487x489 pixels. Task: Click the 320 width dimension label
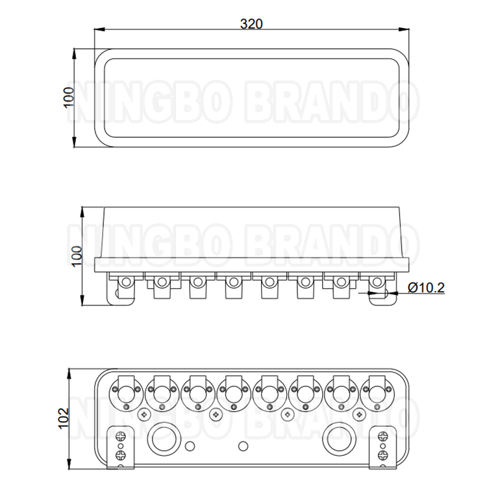(251, 24)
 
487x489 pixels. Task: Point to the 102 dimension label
(64, 418)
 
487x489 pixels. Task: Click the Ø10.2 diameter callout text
(426, 288)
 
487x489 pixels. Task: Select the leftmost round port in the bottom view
(124, 392)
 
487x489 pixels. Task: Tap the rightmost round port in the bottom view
(377, 392)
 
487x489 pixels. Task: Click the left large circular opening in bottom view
(162, 439)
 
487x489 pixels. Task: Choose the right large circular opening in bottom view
(339, 439)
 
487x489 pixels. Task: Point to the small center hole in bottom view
(243, 445)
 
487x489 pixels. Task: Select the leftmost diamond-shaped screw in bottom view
(144, 414)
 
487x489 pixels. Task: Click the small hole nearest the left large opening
(189, 445)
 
